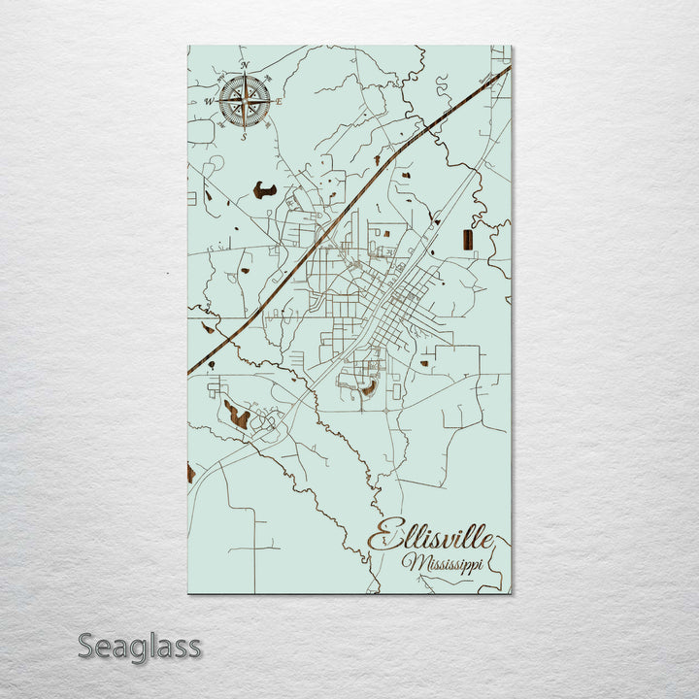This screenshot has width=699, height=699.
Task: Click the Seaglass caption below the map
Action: click(140, 646)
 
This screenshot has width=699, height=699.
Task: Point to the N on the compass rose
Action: click(245, 66)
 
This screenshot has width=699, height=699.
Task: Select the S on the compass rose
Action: click(245, 135)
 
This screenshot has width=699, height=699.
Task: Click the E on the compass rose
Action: click(279, 101)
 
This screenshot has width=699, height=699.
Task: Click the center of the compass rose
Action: click(245, 101)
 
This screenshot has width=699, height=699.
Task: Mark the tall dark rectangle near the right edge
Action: click(468, 240)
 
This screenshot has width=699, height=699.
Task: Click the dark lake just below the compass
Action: click(264, 190)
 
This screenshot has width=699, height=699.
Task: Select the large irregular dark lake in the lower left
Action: click(236, 416)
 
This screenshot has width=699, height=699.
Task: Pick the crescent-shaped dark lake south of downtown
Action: click(369, 389)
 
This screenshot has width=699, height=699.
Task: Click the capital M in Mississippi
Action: click(415, 563)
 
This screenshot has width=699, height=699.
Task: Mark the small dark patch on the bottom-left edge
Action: click(191, 474)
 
